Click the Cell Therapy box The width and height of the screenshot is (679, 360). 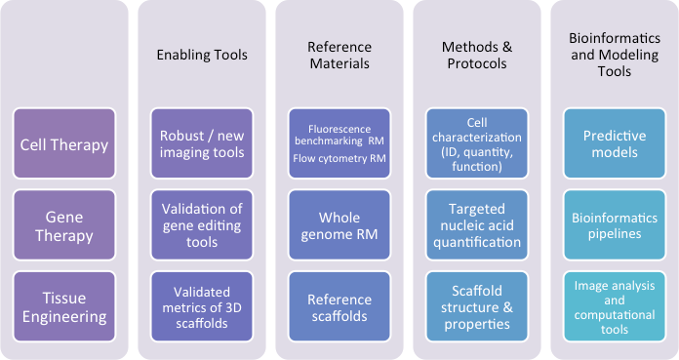(64, 144)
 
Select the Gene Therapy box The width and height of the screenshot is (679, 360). (64, 225)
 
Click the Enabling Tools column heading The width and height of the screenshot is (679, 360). (202, 55)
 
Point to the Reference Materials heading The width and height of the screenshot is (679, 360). (339, 55)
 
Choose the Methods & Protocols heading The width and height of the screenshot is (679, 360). (477, 55)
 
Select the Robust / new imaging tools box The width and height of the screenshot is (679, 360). (202, 144)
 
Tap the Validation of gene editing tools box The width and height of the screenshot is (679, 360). (202, 225)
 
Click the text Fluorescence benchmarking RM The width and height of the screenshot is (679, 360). (339, 134)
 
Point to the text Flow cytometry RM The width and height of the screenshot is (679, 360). (339, 159)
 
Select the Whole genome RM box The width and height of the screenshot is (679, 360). (339, 225)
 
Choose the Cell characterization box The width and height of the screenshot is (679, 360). (477, 144)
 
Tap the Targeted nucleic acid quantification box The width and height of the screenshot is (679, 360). (477, 225)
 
